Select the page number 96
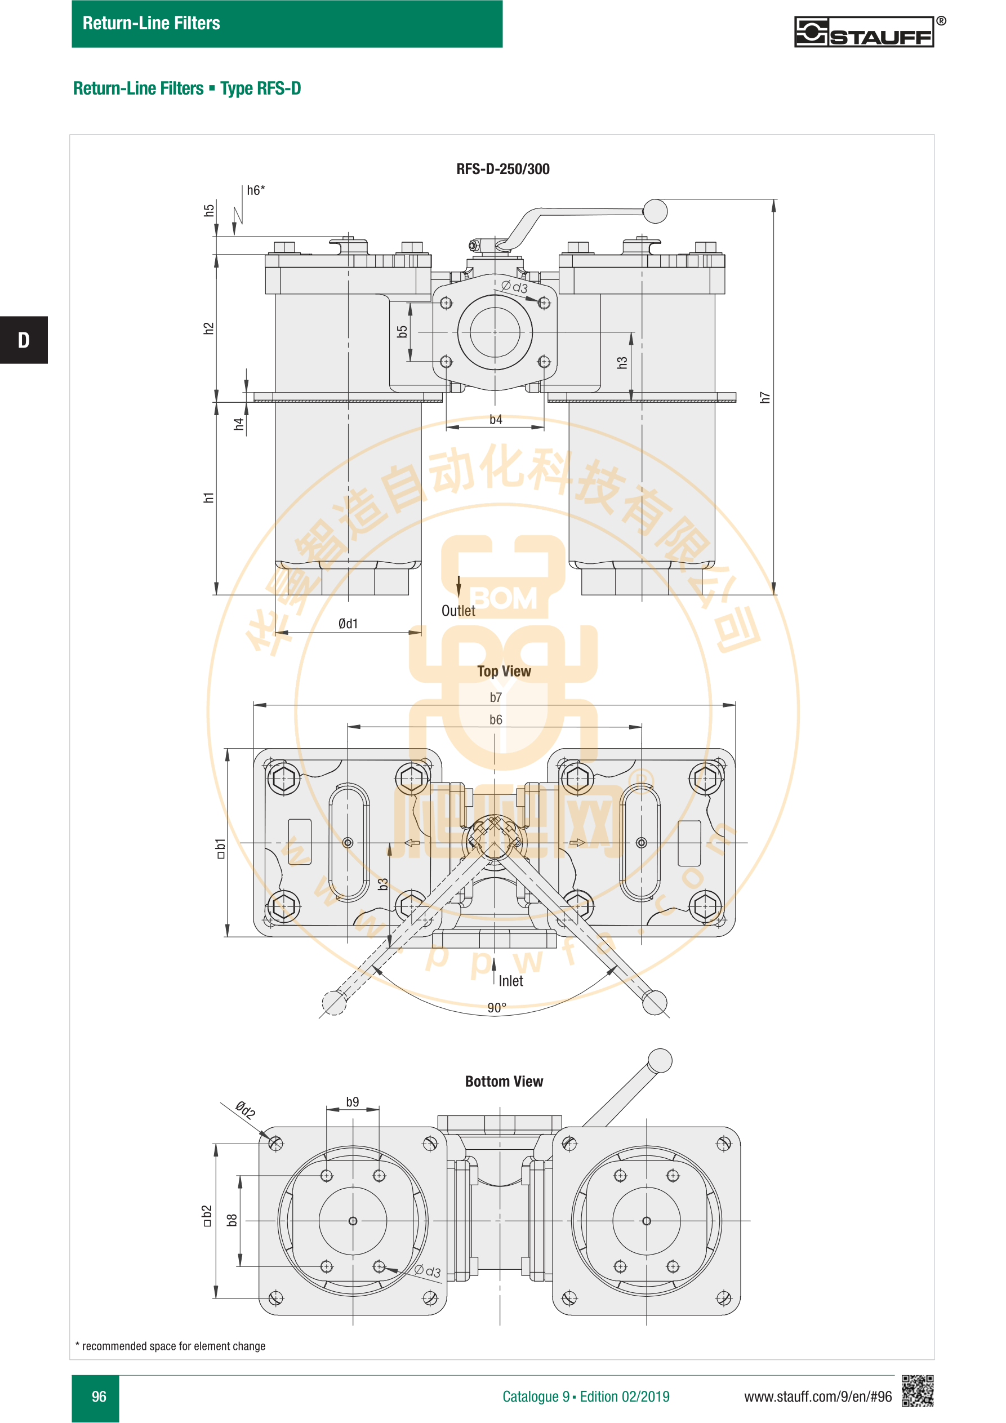(x=99, y=1397)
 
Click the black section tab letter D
(x=24, y=340)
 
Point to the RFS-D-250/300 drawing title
(x=502, y=169)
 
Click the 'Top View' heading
(x=504, y=671)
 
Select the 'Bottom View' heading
(x=504, y=1082)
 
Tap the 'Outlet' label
(x=458, y=611)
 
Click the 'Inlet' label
(x=511, y=981)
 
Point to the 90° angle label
(x=496, y=1008)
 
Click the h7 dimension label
(x=765, y=397)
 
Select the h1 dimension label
(x=208, y=497)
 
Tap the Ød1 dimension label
(x=348, y=624)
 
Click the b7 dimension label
(x=496, y=697)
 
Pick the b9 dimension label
(x=352, y=1102)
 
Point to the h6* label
(x=256, y=190)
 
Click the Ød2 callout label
(x=246, y=1110)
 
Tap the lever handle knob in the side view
(x=655, y=211)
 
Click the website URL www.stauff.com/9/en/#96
(x=817, y=1397)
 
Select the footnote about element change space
(x=171, y=1346)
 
